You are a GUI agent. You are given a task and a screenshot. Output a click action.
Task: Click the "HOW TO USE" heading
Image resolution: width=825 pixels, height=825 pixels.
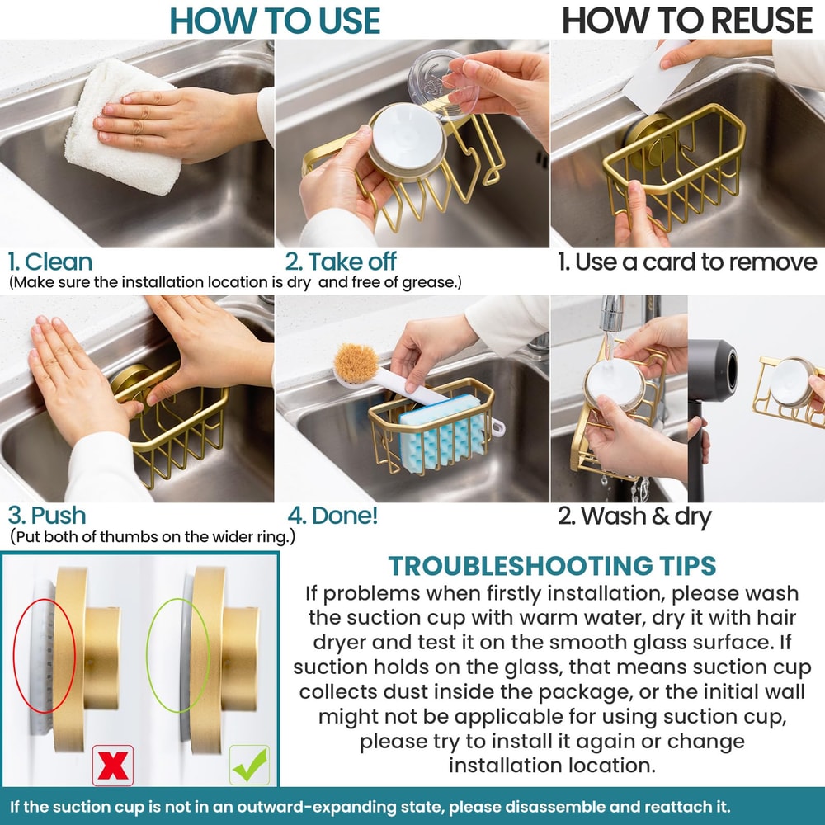tap(275, 21)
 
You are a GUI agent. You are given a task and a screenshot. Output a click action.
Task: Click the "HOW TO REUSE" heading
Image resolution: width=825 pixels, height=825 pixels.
tap(687, 21)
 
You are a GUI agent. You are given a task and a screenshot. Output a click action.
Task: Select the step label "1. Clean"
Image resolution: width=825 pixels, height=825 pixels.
tap(50, 262)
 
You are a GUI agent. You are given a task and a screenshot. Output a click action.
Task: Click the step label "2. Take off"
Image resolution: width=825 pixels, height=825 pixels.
tap(341, 262)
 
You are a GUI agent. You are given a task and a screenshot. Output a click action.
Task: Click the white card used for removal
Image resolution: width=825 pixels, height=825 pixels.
tap(658, 79)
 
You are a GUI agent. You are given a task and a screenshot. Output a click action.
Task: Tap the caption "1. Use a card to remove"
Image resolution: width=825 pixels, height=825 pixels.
tap(687, 262)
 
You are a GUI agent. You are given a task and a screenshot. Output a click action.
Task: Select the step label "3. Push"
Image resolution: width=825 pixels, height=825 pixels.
tap(47, 516)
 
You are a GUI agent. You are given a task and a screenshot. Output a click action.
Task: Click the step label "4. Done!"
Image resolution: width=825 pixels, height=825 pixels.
tap(332, 516)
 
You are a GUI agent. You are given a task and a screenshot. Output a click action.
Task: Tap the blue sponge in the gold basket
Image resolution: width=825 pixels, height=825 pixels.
tap(441, 433)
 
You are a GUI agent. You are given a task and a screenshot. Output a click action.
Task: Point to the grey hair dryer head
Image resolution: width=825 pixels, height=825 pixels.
tap(713, 371)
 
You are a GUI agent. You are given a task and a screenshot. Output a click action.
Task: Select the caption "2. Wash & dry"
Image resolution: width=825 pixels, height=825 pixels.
tap(634, 516)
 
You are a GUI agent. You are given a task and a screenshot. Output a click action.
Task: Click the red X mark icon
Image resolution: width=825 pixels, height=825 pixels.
tap(112, 766)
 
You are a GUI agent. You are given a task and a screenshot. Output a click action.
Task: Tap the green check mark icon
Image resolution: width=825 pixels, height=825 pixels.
tap(249, 766)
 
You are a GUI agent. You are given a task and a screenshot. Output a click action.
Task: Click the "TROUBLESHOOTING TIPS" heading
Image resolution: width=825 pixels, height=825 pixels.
tap(552, 566)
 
